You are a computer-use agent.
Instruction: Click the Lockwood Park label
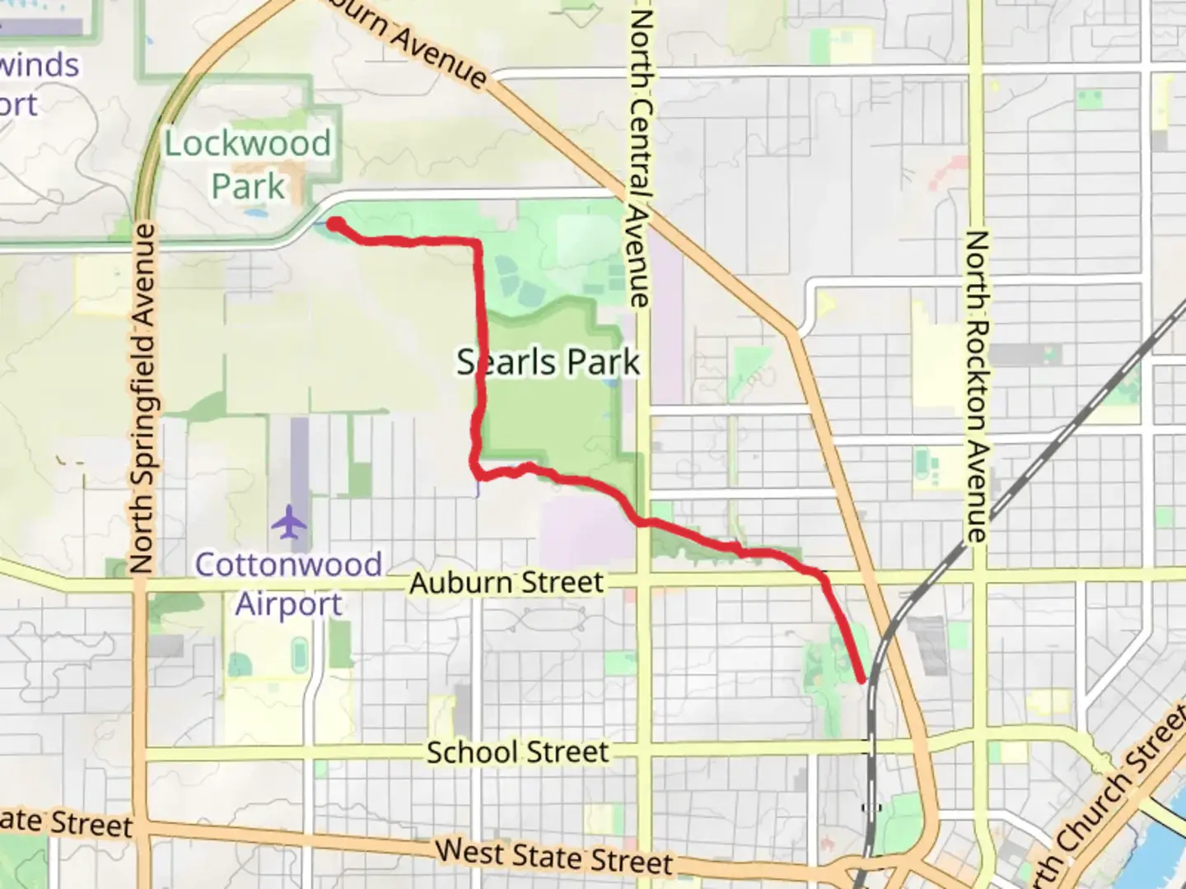click(x=248, y=165)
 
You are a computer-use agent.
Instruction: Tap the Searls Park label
click(x=549, y=362)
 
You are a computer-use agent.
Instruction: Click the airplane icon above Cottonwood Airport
click(x=288, y=522)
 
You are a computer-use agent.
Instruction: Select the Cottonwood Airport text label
click(x=288, y=584)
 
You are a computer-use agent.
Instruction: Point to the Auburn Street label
click(x=507, y=583)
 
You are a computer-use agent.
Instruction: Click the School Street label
click(x=517, y=752)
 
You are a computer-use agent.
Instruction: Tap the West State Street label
click(x=553, y=857)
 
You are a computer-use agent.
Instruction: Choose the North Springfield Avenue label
click(x=142, y=398)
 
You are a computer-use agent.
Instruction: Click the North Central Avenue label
click(x=640, y=156)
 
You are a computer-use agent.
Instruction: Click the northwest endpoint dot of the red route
click(x=334, y=223)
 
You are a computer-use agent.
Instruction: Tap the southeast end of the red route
click(x=862, y=680)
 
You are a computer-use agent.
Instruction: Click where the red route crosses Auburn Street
click(x=824, y=579)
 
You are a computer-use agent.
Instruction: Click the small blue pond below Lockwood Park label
click(x=256, y=213)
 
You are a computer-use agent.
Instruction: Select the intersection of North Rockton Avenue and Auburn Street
click(x=977, y=574)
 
